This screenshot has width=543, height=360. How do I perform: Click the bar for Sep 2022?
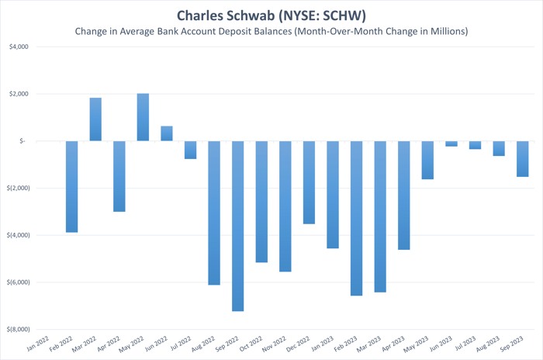(238, 226)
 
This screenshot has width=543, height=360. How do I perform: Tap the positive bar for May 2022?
(143, 117)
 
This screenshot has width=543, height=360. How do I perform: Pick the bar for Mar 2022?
(95, 119)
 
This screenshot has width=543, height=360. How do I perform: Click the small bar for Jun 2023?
(451, 144)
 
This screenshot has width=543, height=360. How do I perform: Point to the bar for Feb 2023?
(357, 218)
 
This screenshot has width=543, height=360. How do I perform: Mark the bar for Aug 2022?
(214, 213)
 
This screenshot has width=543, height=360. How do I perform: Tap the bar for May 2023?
(428, 160)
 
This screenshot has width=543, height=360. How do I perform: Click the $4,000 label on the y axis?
(16, 47)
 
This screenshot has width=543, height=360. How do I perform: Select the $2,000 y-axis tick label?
(16, 94)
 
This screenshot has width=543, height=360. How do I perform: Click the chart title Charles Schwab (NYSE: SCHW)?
(271, 15)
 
